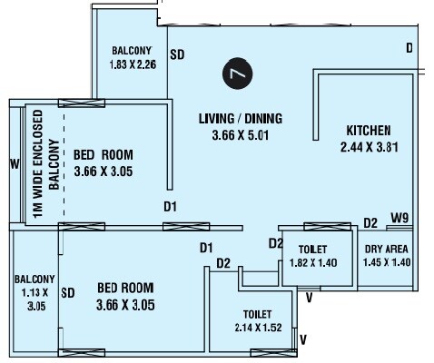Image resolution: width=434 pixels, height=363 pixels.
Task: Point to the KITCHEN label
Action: point(368,130)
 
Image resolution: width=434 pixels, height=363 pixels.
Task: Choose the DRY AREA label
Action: point(387,249)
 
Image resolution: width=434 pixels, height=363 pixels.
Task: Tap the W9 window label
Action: point(399,218)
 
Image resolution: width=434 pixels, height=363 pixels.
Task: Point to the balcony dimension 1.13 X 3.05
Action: point(35,299)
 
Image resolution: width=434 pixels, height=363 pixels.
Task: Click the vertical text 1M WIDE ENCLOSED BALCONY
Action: point(44,163)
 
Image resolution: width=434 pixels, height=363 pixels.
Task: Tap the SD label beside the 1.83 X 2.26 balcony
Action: point(177,54)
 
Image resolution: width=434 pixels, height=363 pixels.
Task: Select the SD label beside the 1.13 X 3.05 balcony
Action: point(67,293)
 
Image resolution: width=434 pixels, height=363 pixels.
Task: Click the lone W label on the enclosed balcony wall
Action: point(14,164)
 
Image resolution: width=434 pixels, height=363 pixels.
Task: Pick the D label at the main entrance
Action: point(409,47)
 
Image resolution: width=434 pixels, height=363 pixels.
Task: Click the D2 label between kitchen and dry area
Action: point(370,222)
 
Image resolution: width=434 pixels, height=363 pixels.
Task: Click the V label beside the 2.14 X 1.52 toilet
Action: point(303,340)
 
